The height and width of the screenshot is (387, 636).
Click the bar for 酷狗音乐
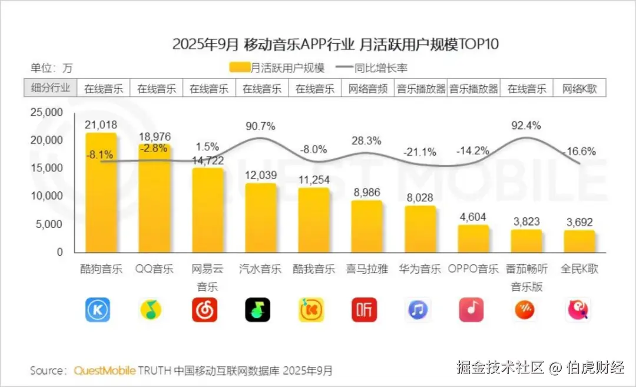(101, 194)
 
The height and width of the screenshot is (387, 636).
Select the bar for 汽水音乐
(260, 218)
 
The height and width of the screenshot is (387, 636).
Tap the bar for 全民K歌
(579, 241)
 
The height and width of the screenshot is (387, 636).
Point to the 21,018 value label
(101, 124)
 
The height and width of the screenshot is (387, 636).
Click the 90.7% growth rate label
(260, 126)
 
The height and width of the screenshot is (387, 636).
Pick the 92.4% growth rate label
(526, 125)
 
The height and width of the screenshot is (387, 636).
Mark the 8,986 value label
(366, 191)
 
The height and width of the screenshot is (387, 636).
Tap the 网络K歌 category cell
(579, 89)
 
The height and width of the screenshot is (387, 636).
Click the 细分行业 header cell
(50, 88)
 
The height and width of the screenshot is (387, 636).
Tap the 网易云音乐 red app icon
(204, 309)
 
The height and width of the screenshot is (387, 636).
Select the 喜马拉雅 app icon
(365, 309)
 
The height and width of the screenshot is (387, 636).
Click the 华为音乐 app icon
(418, 309)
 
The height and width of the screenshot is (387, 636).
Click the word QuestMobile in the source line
(105, 371)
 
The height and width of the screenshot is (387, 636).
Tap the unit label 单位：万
(52, 68)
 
